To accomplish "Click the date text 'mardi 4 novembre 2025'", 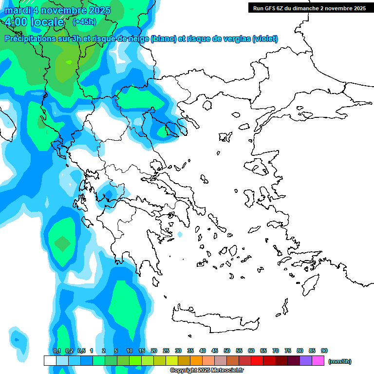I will coord(57,10).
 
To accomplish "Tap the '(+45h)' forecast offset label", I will coord(84,21).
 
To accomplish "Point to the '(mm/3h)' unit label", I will coord(339,361).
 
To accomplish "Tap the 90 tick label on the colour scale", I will coord(324,351).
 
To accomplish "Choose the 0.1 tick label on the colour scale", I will coord(56,351).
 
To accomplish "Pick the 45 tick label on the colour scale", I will coord(215,351).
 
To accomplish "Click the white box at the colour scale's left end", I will coord(50,361).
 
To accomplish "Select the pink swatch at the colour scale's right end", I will coord(318,361).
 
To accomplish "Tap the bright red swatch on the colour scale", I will coord(257,361).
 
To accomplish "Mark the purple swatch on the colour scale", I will coord(306,361).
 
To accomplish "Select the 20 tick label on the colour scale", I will coord(154,351).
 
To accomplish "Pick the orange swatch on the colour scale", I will coord(196,361).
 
